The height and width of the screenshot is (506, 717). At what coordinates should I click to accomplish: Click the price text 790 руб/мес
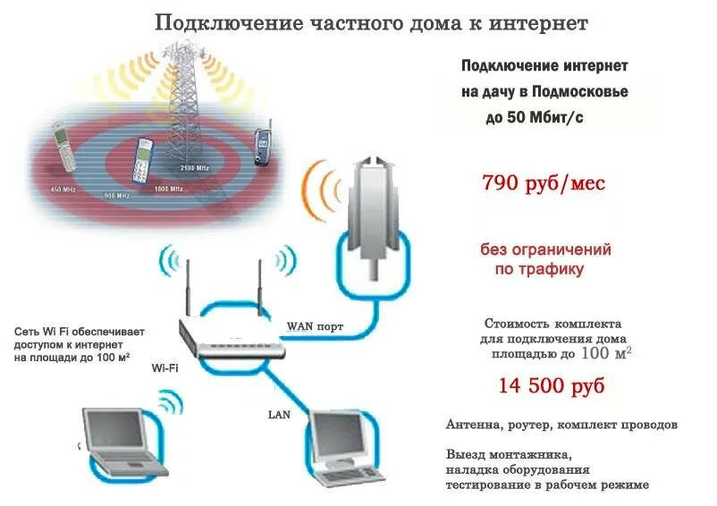point(544,184)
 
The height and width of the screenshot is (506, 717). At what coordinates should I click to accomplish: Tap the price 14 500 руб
point(551,386)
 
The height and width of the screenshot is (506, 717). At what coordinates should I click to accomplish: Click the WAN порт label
point(314,325)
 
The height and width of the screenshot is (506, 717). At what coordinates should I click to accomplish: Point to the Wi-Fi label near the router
point(164,367)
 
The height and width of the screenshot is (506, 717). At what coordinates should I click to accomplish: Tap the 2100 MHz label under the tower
point(195,168)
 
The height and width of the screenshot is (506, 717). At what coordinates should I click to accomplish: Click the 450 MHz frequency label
point(63,190)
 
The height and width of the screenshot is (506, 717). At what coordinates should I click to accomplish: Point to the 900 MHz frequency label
point(117,195)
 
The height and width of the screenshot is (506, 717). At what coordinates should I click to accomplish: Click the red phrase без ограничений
point(545,249)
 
